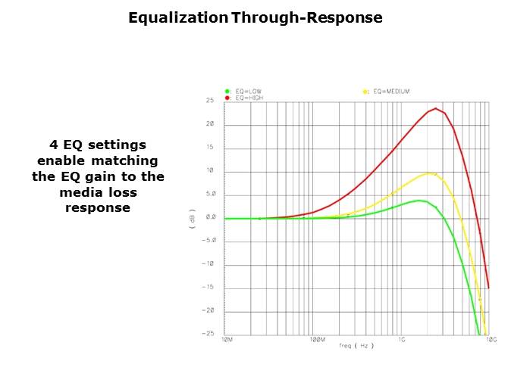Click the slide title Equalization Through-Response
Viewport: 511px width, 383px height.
click(255, 17)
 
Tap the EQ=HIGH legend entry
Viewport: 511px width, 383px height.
click(249, 98)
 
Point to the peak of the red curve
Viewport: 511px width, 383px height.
click(435, 108)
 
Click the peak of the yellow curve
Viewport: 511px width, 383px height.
click(429, 173)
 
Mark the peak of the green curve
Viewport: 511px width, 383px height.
click(419, 201)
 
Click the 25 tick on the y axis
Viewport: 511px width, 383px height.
click(210, 101)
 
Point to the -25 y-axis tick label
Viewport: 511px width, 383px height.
click(208, 334)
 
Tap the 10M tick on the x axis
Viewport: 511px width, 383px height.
click(226, 341)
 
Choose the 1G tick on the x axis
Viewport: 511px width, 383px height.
click(403, 341)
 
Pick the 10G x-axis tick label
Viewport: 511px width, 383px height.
click(491, 341)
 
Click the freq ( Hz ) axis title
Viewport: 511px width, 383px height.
click(357, 345)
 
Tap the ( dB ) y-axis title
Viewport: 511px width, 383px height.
click(193, 218)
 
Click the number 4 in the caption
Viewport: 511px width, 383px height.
click(53, 145)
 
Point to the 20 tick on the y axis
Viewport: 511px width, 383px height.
click(210, 124)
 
